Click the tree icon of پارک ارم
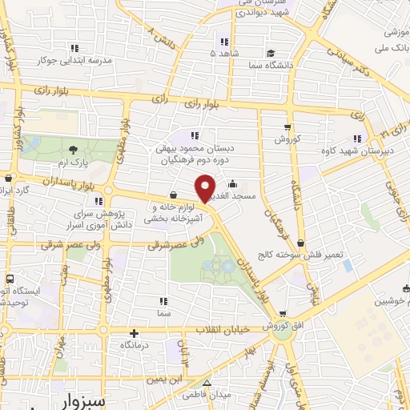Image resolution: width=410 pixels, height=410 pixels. point(74,149)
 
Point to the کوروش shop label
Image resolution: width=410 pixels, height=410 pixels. point(287,139)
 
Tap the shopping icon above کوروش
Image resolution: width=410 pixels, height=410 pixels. point(287,127)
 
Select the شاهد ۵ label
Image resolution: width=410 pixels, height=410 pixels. point(224,53)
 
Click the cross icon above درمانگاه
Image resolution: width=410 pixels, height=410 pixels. point(134,332)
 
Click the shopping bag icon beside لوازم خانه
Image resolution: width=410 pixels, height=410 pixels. point(174,194)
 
